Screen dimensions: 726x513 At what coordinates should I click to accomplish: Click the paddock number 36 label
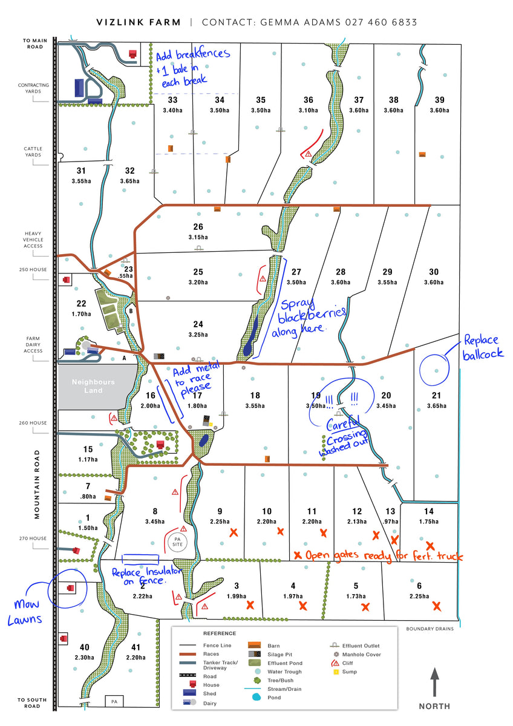(309, 100)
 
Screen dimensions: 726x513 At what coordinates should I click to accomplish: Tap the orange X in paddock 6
(436, 606)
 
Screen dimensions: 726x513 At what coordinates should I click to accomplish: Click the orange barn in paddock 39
(422, 155)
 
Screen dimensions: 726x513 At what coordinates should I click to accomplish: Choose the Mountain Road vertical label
(37, 483)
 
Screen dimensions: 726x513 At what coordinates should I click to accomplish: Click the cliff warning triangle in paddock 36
(309, 154)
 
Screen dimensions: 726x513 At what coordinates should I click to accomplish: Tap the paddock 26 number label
(198, 227)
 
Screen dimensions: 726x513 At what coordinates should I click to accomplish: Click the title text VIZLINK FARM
(139, 22)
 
